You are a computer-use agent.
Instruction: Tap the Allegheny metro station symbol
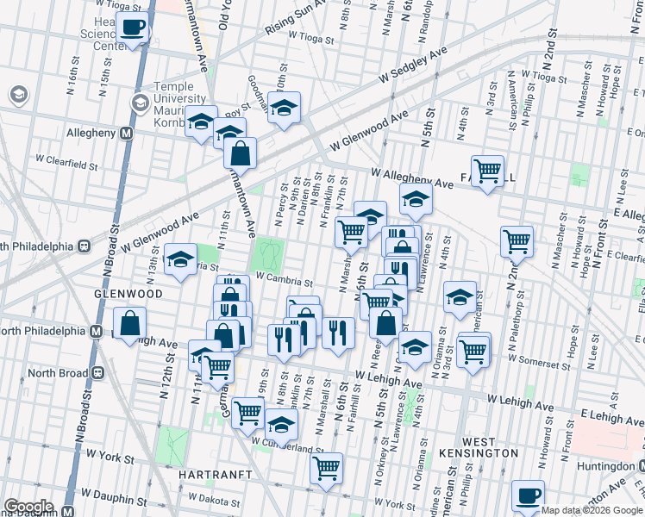(x=126, y=134)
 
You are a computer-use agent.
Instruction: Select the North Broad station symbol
(x=97, y=372)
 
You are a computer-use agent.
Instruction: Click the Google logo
(x=28, y=507)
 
